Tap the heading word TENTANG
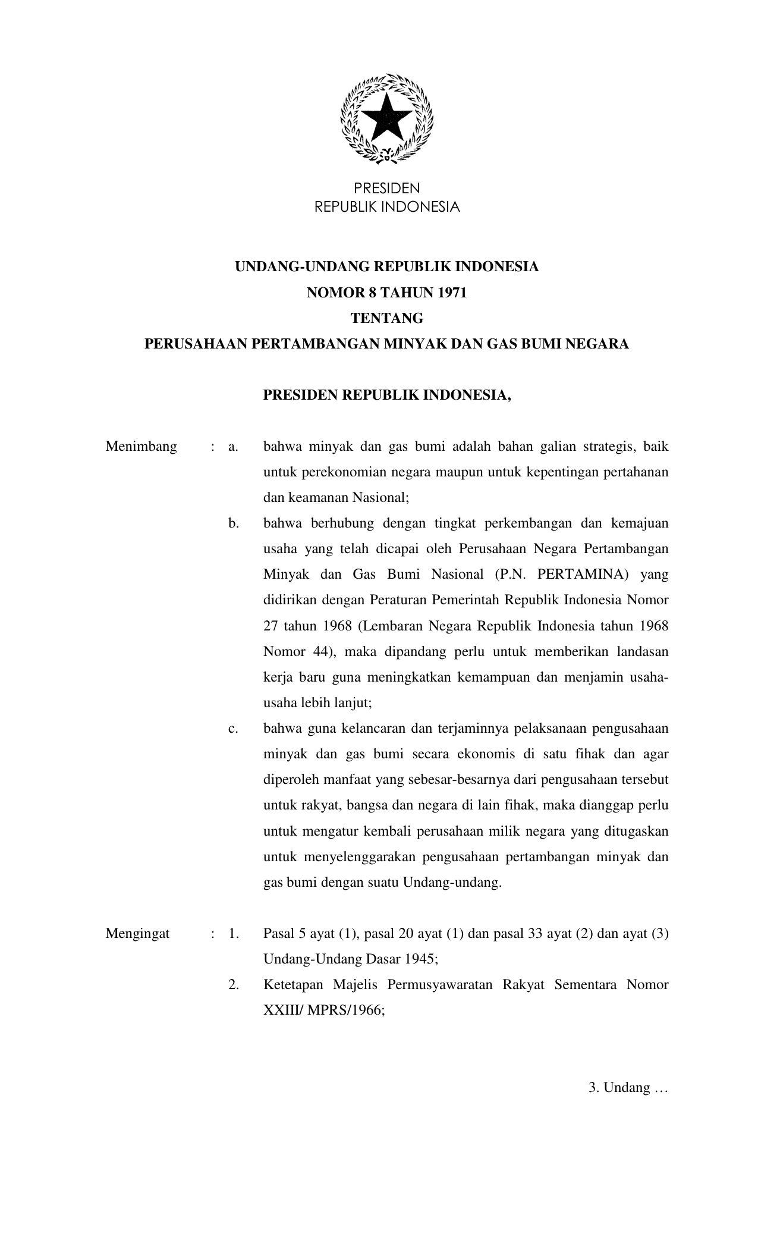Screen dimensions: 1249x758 pyautogui.click(x=387, y=319)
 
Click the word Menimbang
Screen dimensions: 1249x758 pyautogui.click(x=141, y=447)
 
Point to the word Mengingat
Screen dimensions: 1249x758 pyautogui.click(x=137, y=933)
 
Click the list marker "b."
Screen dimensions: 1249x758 pyautogui.click(x=233, y=523)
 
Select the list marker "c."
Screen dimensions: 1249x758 pyautogui.click(x=233, y=729)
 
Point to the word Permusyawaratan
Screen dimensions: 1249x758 pyautogui.click(x=440, y=985)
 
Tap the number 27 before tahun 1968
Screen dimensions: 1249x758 pyautogui.click(x=271, y=626)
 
